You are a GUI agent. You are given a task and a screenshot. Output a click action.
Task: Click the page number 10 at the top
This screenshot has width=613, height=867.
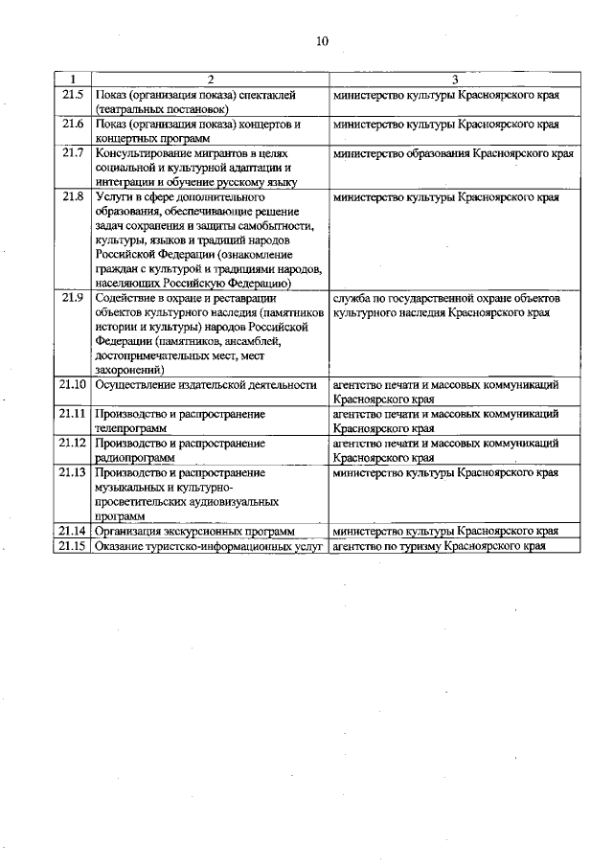[321, 40]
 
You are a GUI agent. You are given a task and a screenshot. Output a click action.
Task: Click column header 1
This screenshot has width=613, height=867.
[73, 79]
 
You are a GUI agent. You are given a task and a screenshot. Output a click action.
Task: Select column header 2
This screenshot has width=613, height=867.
[210, 79]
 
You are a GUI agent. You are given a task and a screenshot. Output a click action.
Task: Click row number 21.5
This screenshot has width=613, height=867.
[73, 96]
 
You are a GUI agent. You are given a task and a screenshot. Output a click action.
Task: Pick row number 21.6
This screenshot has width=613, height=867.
[73, 125]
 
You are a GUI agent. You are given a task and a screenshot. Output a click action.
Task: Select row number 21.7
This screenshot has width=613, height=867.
[73, 153]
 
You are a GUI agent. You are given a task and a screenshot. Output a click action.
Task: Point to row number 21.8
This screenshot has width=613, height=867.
[73, 197]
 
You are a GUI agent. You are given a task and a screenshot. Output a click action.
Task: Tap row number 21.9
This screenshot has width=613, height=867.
[73, 299]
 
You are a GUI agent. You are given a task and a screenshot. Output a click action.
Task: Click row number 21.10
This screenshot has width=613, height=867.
[73, 385]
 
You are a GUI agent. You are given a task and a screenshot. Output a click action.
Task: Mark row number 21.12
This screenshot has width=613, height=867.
[73, 444]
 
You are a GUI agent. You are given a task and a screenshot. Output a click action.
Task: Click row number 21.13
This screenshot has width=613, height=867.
[73, 473]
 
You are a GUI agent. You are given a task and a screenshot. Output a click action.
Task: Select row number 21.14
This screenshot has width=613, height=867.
[73, 531]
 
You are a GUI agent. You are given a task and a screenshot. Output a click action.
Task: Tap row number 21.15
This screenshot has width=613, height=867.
[73, 546]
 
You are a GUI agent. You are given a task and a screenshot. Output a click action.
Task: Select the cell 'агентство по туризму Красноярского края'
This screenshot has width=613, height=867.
[440, 546]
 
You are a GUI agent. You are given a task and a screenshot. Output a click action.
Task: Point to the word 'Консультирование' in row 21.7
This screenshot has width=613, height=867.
[142, 153]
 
